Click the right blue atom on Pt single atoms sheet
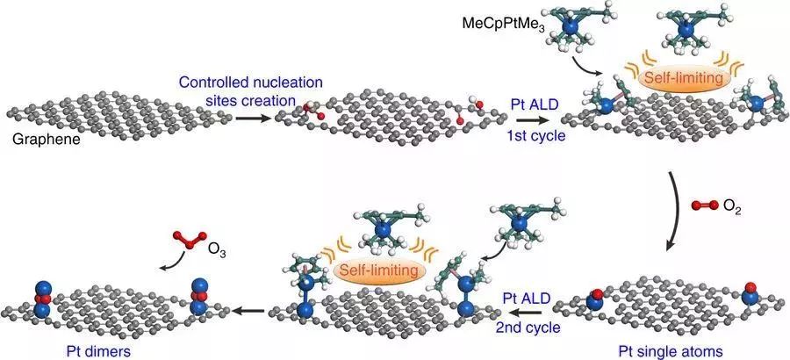(x=750, y=294)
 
